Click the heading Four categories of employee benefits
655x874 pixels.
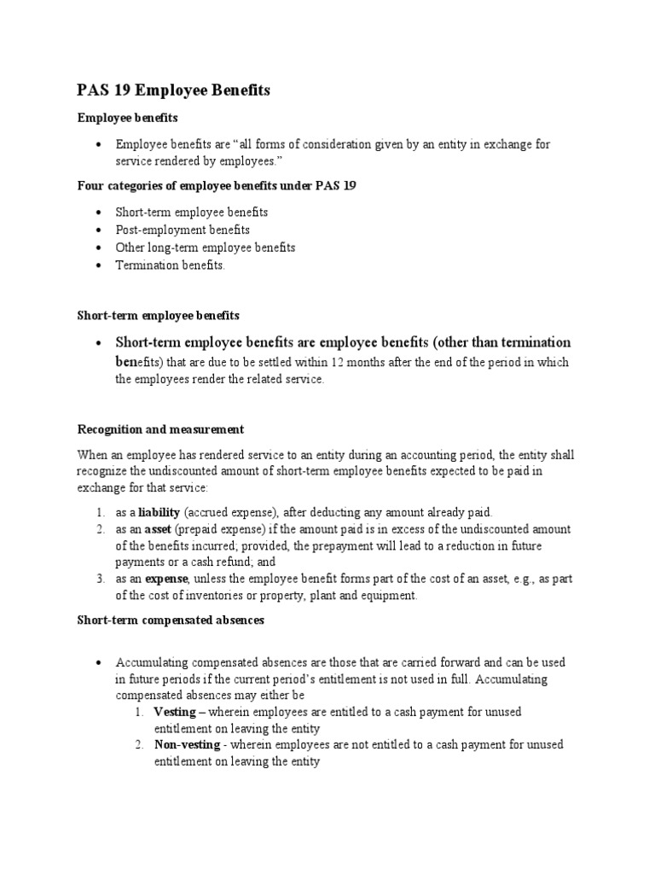[x=217, y=185]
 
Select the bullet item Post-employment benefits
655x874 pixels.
[x=183, y=230]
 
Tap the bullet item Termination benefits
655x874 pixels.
[x=171, y=265]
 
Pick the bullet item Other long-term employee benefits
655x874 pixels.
[x=206, y=248]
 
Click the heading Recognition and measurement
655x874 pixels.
[x=160, y=429]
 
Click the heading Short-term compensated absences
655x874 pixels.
[x=171, y=621]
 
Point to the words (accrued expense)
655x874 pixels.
[x=225, y=513]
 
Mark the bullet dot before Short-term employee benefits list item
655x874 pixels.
[x=100, y=212]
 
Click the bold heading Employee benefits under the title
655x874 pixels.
[x=127, y=118]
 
